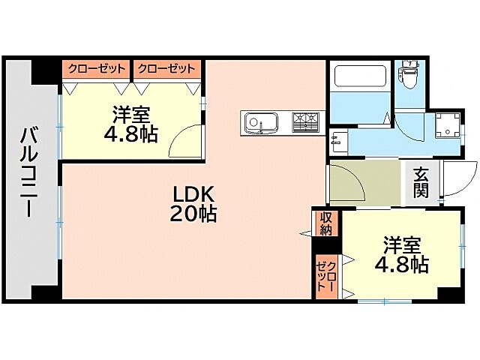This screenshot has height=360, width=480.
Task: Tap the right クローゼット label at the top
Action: (166, 69)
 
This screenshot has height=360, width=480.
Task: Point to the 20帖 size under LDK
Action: (193, 214)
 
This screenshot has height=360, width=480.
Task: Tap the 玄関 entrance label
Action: (420, 182)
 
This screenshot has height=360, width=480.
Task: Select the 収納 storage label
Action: (326, 223)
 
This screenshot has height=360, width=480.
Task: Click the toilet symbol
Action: (409, 74)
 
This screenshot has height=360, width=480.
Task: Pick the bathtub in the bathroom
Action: (359, 77)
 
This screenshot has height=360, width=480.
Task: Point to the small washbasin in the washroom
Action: (337, 139)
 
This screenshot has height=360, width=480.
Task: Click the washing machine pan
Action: (448, 127)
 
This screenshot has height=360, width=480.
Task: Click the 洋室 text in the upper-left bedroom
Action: (132, 116)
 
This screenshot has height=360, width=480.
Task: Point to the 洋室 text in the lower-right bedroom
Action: (403, 245)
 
